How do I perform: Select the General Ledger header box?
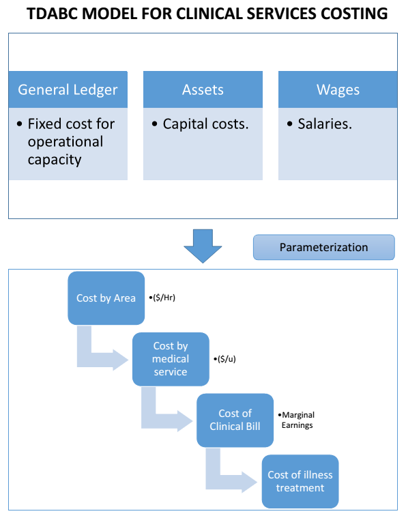68,89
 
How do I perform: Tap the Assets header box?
203,89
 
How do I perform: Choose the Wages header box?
338,89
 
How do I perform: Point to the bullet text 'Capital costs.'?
205,124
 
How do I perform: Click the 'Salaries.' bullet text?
325,124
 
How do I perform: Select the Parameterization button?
323,247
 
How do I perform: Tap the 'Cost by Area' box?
106,298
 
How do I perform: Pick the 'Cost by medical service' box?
170,359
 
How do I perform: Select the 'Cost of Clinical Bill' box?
235,420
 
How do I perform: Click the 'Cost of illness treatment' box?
300,481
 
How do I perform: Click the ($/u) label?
227,358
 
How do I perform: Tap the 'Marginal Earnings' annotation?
298,419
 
